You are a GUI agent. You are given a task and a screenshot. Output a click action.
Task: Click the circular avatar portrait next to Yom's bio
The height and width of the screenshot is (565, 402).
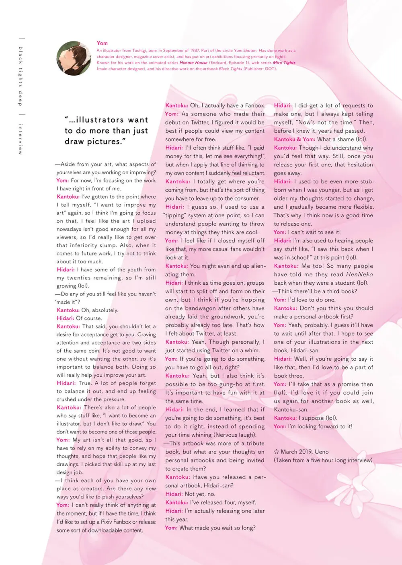coord(74,58)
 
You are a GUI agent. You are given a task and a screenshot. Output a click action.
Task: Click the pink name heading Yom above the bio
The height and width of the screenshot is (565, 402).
coord(102,43)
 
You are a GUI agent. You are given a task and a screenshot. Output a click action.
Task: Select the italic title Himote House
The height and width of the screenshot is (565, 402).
coord(193,63)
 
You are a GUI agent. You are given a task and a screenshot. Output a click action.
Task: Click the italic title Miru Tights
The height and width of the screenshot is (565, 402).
coord(284,63)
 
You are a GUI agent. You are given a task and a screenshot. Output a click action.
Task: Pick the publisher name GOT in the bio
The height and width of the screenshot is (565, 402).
coord(270,69)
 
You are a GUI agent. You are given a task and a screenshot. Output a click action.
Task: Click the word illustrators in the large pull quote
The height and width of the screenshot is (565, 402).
coord(100,120)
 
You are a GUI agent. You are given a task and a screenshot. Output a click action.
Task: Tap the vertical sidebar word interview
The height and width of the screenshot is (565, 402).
coord(20,139)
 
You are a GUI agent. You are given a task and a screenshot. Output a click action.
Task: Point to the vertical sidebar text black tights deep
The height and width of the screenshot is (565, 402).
coord(20,76)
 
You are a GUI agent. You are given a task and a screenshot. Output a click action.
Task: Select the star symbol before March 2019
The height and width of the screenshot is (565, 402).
coord(276,452)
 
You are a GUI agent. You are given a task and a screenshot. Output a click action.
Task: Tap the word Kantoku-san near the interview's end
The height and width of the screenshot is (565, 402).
coord(291,409)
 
